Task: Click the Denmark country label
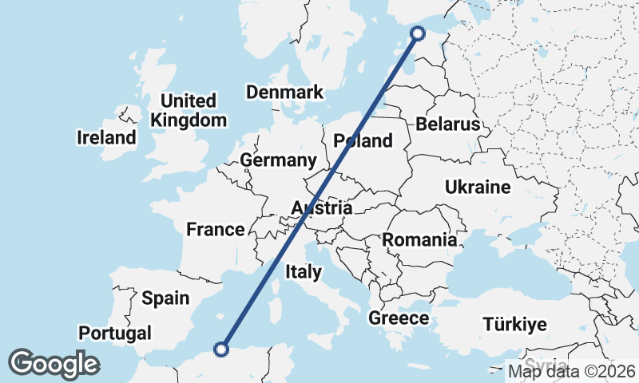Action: tap(284, 92)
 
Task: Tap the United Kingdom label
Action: tap(189, 111)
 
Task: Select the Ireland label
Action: tap(106, 137)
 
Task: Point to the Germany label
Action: tap(279, 160)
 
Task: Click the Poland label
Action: tap(363, 141)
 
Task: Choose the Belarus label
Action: tap(447, 124)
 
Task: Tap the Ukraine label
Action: tap(477, 188)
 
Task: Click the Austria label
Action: tap(321, 208)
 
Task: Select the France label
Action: tap(215, 230)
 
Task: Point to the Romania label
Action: tap(419, 239)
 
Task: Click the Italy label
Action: tap(304, 272)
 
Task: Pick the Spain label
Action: tap(165, 298)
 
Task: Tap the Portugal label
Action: tap(115, 333)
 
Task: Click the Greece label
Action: tap(399, 318)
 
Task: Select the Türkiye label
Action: tap(514, 324)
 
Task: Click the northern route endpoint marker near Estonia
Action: tap(417, 33)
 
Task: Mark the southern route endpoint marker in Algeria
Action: tap(222, 348)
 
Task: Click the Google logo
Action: tap(54, 364)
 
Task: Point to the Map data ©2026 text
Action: tap(572, 370)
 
